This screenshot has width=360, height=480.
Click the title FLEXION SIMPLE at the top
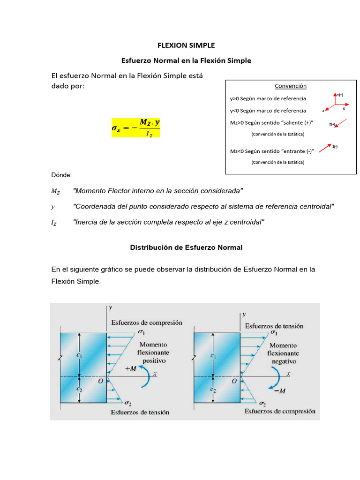point(186,45)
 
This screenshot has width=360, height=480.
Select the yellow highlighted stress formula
point(135,127)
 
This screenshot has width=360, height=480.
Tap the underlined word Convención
point(290,86)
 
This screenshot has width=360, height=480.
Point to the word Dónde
point(61,175)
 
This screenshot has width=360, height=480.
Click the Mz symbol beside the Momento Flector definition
point(56,191)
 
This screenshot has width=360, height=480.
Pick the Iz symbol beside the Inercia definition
point(54,223)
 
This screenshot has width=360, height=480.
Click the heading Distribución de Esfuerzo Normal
point(186,247)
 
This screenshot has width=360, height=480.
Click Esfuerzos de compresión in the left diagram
point(147,322)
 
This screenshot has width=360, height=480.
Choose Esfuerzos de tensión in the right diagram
point(274,326)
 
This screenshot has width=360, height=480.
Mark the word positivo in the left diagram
point(154,361)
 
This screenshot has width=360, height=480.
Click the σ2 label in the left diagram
point(128,403)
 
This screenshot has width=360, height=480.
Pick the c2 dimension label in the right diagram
point(213,390)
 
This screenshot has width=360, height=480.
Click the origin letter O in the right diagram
point(234,381)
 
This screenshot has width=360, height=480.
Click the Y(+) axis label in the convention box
point(340,95)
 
